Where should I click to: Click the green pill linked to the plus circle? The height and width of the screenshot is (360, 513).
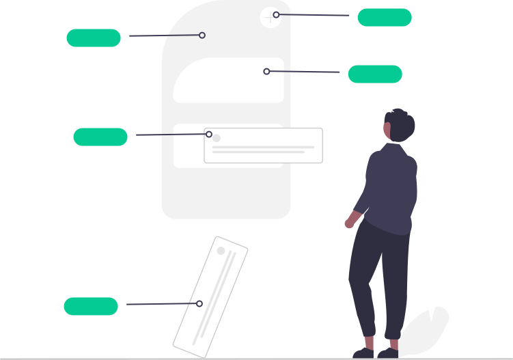click(384, 17)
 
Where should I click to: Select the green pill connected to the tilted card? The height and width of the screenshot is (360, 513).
click(91, 306)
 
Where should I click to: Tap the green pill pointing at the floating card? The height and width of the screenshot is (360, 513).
click(100, 137)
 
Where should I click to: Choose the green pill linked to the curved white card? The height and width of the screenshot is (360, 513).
click(374, 74)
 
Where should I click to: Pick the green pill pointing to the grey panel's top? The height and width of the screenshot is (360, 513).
click(94, 38)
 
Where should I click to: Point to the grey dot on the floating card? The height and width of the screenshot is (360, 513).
click(217, 138)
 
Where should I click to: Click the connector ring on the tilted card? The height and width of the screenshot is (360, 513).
click(199, 303)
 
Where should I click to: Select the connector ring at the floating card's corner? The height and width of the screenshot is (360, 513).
click(209, 134)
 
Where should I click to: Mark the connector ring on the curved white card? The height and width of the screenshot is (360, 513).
click(266, 71)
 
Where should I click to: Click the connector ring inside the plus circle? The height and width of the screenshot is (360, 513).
click(276, 14)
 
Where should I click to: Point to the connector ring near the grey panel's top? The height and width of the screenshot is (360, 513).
click(202, 35)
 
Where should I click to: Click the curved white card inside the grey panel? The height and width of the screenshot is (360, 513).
click(229, 81)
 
